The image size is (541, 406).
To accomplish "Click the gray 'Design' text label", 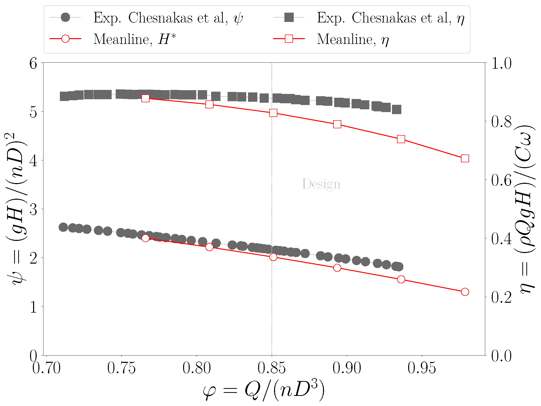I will pyautogui.click(x=321, y=184).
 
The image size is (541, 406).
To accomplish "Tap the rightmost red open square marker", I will pyautogui.click(x=465, y=159).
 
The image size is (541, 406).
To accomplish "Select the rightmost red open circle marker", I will pyautogui.click(x=465, y=292).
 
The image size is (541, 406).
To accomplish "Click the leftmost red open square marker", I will pyautogui.click(x=145, y=98).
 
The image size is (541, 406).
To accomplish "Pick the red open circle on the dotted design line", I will pyautogui.click(x=273, y=257).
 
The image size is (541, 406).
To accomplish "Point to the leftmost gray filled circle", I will pyautogui.click(x=63, y=227).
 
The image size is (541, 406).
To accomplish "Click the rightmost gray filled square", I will pyautogui.click(x=397, y=110).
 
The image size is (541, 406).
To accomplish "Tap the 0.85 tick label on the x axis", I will pyautogui.click(x=272, y=368).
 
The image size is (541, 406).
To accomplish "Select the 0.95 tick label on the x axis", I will pyautogui.click(x=422, y=368).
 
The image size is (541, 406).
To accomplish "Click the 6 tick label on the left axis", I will pyautogui.click(x=33, y=63).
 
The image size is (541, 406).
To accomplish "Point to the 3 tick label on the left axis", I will pyautogui.click(x=33, y=209).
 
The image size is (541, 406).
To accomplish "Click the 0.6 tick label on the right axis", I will pyautogui.click(x=501, y=180).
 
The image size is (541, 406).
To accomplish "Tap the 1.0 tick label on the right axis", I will pyautogui.click(x=501, y=63).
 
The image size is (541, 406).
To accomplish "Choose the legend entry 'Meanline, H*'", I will pyautogui.click(x=134, y=39).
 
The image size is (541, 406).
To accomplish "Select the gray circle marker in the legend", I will pyautogui.click(x=65, y=17).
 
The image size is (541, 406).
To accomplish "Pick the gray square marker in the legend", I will pyautogui.click(x=289, y=17).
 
